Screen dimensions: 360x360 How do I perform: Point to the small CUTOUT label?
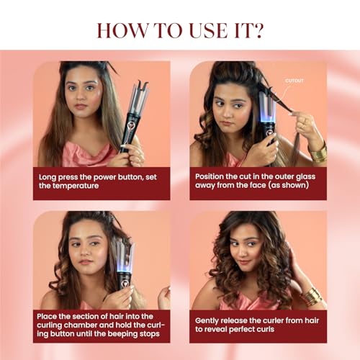pyautogui.click(x=294, y=81)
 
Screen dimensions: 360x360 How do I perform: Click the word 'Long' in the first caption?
pyautogui.click(x=50, y=175)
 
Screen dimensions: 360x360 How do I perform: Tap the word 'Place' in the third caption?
pyautogui.click(x=52, y=317)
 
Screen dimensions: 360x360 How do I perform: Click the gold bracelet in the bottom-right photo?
pyautogui.click(x=312, y=296)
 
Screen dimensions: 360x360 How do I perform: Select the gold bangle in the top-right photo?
pyautogui.click(x=318, y=152)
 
